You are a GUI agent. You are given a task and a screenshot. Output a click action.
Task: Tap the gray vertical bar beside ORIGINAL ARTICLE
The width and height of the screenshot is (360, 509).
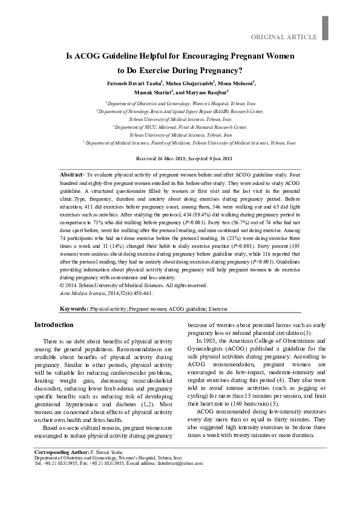click(325, 28)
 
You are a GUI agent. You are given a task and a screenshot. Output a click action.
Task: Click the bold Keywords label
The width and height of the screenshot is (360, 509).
click(74, 309)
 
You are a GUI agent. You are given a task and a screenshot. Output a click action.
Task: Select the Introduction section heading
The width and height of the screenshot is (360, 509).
click(53, 325)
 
